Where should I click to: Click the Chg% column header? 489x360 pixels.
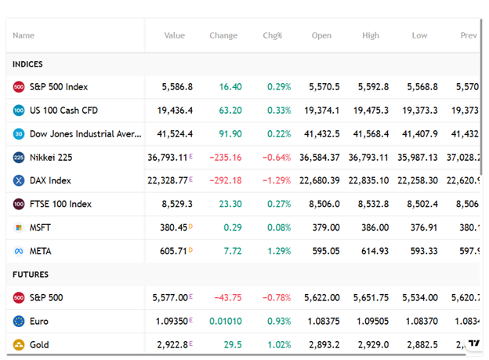(272, 35)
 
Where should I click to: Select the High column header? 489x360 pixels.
(371, 35)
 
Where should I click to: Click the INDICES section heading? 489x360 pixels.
(27, 64)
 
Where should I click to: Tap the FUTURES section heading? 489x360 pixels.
(31, 275)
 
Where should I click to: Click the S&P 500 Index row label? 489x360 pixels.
(59, 87)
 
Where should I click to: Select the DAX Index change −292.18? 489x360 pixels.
(225, 181)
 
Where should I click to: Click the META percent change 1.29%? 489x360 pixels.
(270, 251)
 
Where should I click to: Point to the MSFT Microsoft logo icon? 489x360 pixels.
(19, 228)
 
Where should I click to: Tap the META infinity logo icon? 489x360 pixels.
(19, 251)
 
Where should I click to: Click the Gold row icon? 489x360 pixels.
(19, 344)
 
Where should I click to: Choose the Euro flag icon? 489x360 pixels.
(19, 322)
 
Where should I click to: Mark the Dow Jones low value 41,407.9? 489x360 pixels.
(418, 134)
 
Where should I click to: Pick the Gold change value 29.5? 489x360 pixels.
(233, 344)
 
